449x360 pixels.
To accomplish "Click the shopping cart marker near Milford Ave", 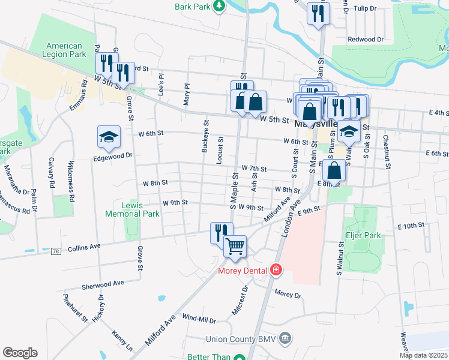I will point(235,245).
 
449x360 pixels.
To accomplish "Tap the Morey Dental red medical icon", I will point(276,271).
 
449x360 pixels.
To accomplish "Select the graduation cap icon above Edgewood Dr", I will point(109,137).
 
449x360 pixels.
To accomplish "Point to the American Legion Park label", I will point(64,50).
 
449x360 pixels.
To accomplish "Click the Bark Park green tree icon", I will point(220,7).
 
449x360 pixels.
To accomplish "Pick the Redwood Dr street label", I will point(366,40).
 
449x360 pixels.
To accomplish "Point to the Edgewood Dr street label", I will point(112,155).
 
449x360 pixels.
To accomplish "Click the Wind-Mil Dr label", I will point(199,317).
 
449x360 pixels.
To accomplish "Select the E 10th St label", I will point(411,225).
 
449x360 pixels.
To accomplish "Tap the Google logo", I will point(20,353).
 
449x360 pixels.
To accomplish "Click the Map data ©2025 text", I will point(423,355).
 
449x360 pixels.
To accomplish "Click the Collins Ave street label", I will point(84,247).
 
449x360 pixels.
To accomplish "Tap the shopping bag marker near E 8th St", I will point(334,170).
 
